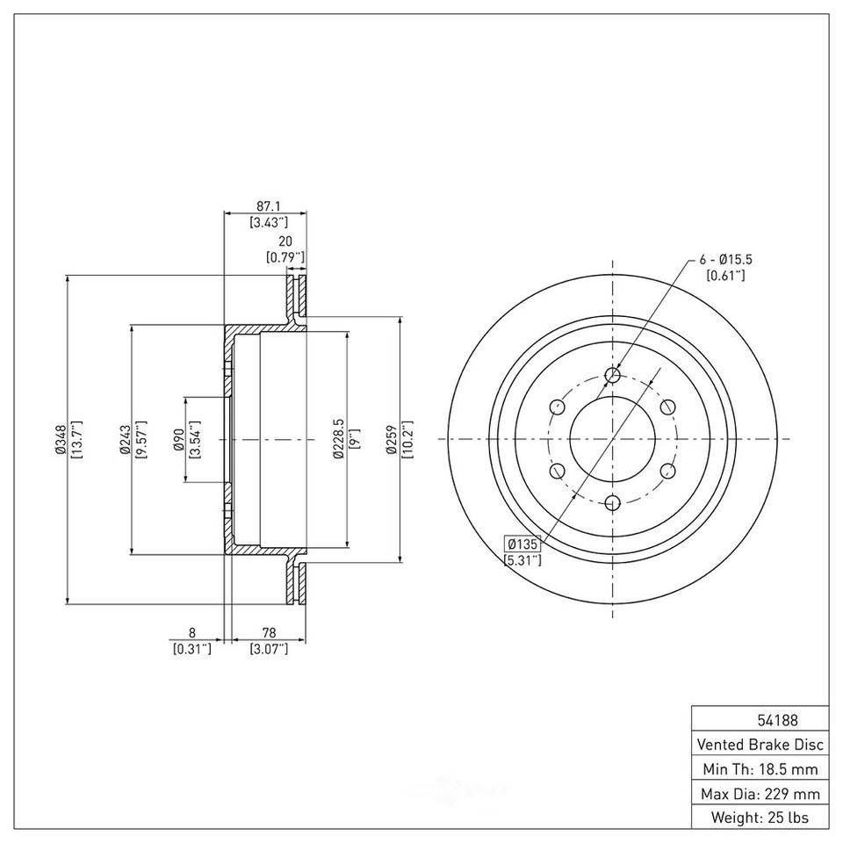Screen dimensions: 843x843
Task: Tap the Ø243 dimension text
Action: tap(125, 439)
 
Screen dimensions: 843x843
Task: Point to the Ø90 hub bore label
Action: tap(178, 439)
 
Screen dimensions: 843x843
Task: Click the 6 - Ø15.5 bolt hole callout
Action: tap(727, 260)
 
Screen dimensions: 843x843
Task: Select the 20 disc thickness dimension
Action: tap(285, 241)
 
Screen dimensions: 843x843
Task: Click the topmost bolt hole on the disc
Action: tap(613, 376)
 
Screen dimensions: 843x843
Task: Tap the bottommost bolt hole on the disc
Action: tap(613, 502)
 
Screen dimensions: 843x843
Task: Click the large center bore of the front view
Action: tap(613, 439)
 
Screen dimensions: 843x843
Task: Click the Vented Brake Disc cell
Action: tap(760, 745)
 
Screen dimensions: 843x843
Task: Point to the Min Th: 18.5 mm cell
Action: tap(760, 769)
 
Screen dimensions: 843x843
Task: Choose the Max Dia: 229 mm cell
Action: tap(760, 794)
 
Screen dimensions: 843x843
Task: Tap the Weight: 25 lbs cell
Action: tap(760, 818)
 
